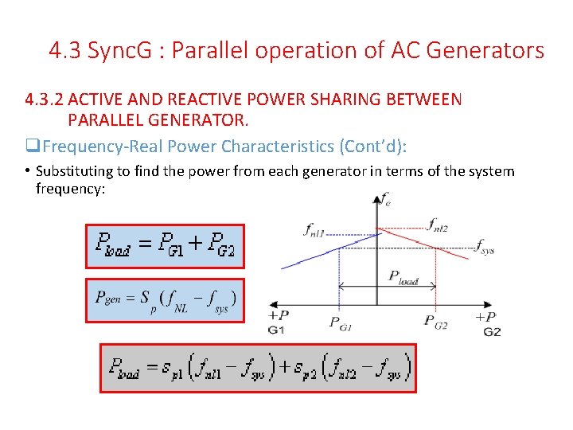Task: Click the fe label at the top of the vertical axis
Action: pyautogui.click(x=386, y=198)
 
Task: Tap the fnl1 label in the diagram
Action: pyautogui.click(x=314, y=231)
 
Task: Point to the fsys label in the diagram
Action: pyautogui.click(x=485, y=248)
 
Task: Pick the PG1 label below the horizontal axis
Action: pyautogui.click(x=341, y=322)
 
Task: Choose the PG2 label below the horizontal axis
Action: pyautogui.click(x=435, y=322)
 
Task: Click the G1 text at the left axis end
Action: pyautogui.click(x=276, y=330)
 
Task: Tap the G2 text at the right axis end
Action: pyautogui.click(x=492, y=330)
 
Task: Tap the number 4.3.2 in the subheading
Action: pyautogui.click(x=43, y=100)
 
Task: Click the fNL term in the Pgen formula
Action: pyautogui.click(x=181, y=302)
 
